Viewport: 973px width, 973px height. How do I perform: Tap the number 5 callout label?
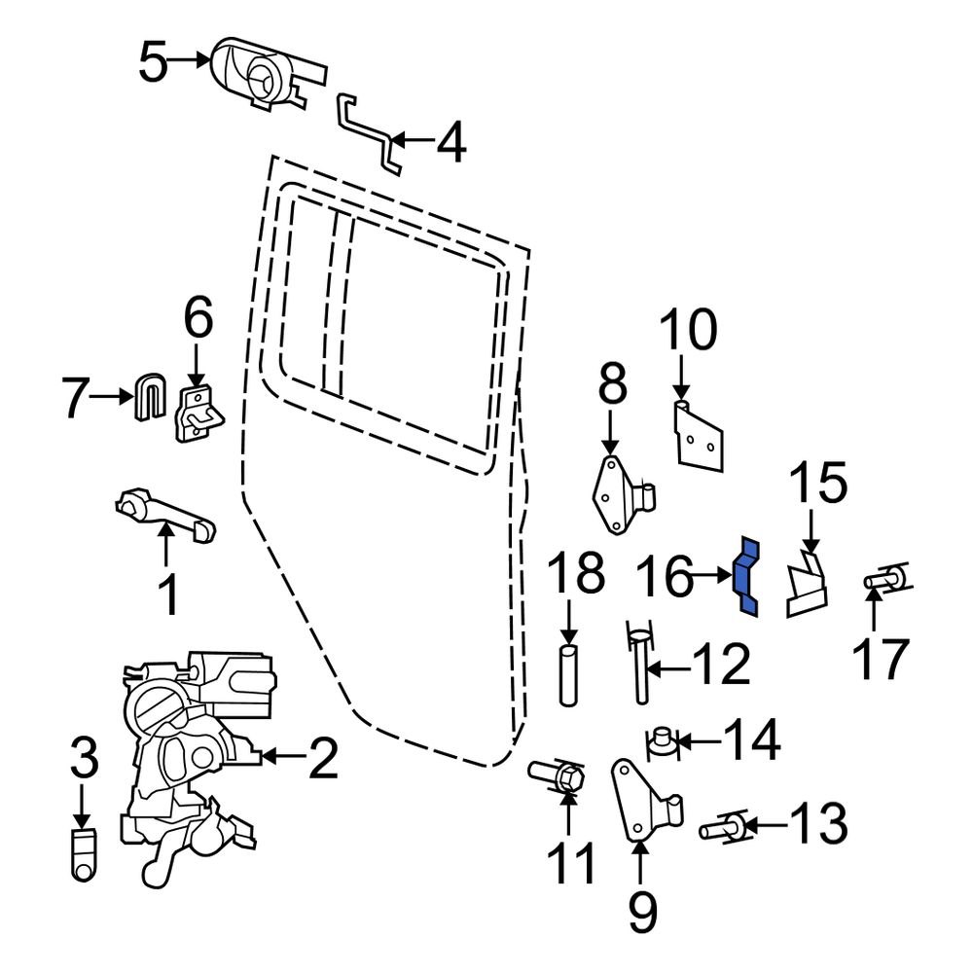pyautogui.click(x=154, y=62)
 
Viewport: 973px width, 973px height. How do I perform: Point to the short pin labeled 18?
pyautogui.click(x=570, y=672)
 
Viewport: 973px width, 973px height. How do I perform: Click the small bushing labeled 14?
pyautogui.click(x=663, y=742)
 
